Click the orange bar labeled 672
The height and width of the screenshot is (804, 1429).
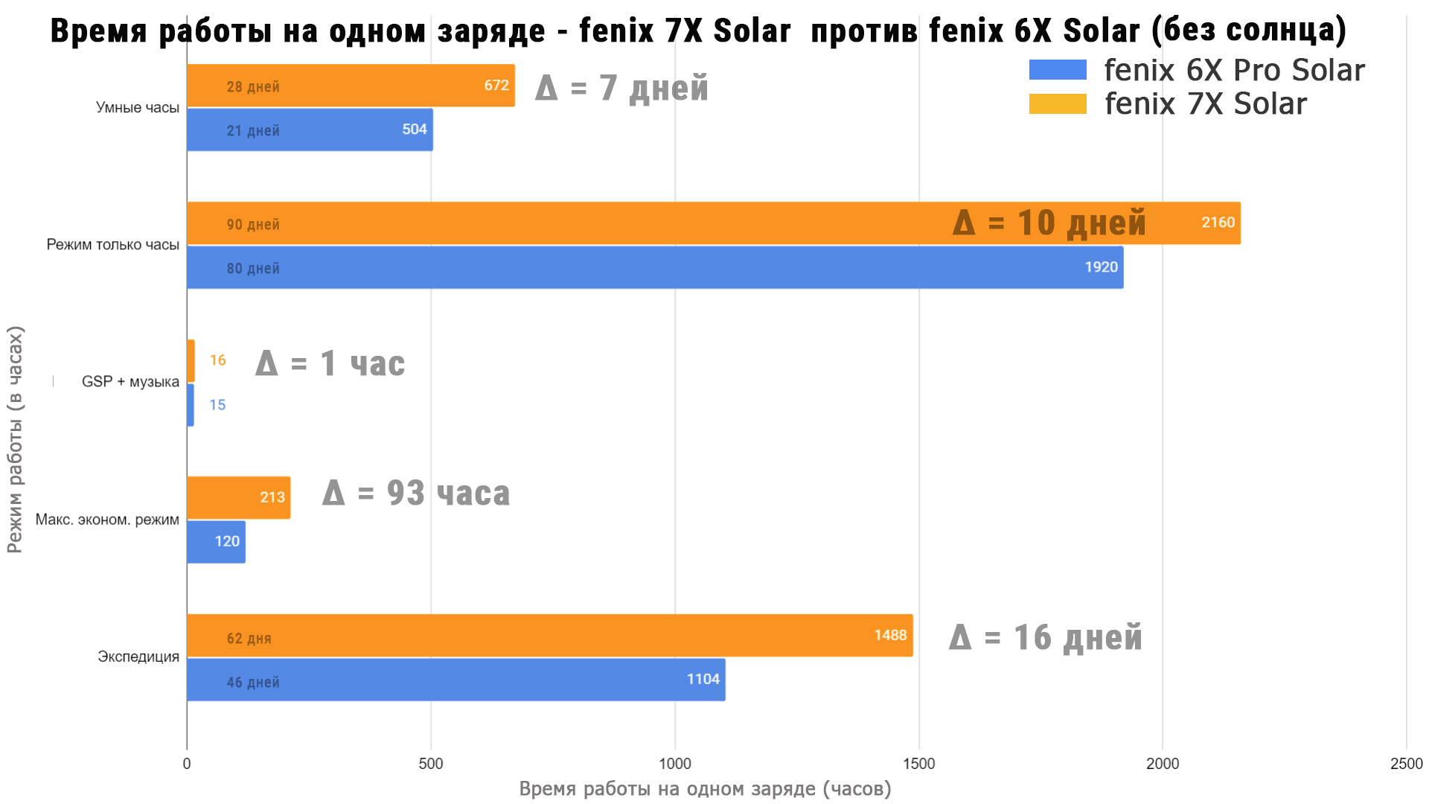click(350, 86)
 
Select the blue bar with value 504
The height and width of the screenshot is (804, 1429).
click(310, 130)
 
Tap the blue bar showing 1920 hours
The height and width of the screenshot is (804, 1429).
click(655, 268)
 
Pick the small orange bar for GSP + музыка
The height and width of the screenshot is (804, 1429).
click(191, 361)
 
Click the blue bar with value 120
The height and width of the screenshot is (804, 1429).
click(216, 542)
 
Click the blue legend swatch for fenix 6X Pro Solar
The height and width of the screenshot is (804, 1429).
click(1058, 70)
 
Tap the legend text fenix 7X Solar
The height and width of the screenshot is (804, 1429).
click(1205, 104)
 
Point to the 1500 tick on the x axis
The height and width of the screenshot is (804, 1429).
click(918, 764)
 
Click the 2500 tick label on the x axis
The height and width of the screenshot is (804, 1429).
click(1406, 764)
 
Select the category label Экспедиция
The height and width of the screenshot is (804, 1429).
click(138, 657)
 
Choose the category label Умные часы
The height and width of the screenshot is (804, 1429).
click(138, 108)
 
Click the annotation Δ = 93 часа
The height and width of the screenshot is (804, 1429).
click(416, 494)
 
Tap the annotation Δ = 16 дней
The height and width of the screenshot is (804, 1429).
click(1045, 638)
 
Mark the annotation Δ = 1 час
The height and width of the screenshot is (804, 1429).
click(330, 364)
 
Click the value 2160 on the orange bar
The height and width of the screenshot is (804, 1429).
click(1218, 223)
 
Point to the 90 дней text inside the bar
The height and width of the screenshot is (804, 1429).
click(253, 225)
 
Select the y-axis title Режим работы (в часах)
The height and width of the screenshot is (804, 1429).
click(15, 439)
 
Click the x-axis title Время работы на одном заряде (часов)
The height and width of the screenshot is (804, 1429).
click(705, 789)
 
